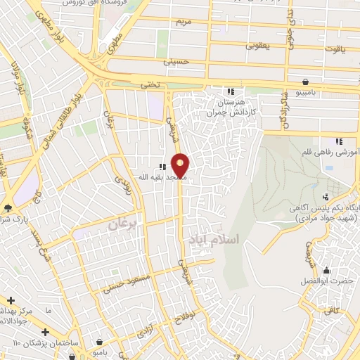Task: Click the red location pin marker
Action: [181, 165]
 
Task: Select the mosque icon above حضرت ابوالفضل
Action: [326, 270]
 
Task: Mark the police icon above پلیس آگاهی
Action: [325, 197]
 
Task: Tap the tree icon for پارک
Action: [8, 208]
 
